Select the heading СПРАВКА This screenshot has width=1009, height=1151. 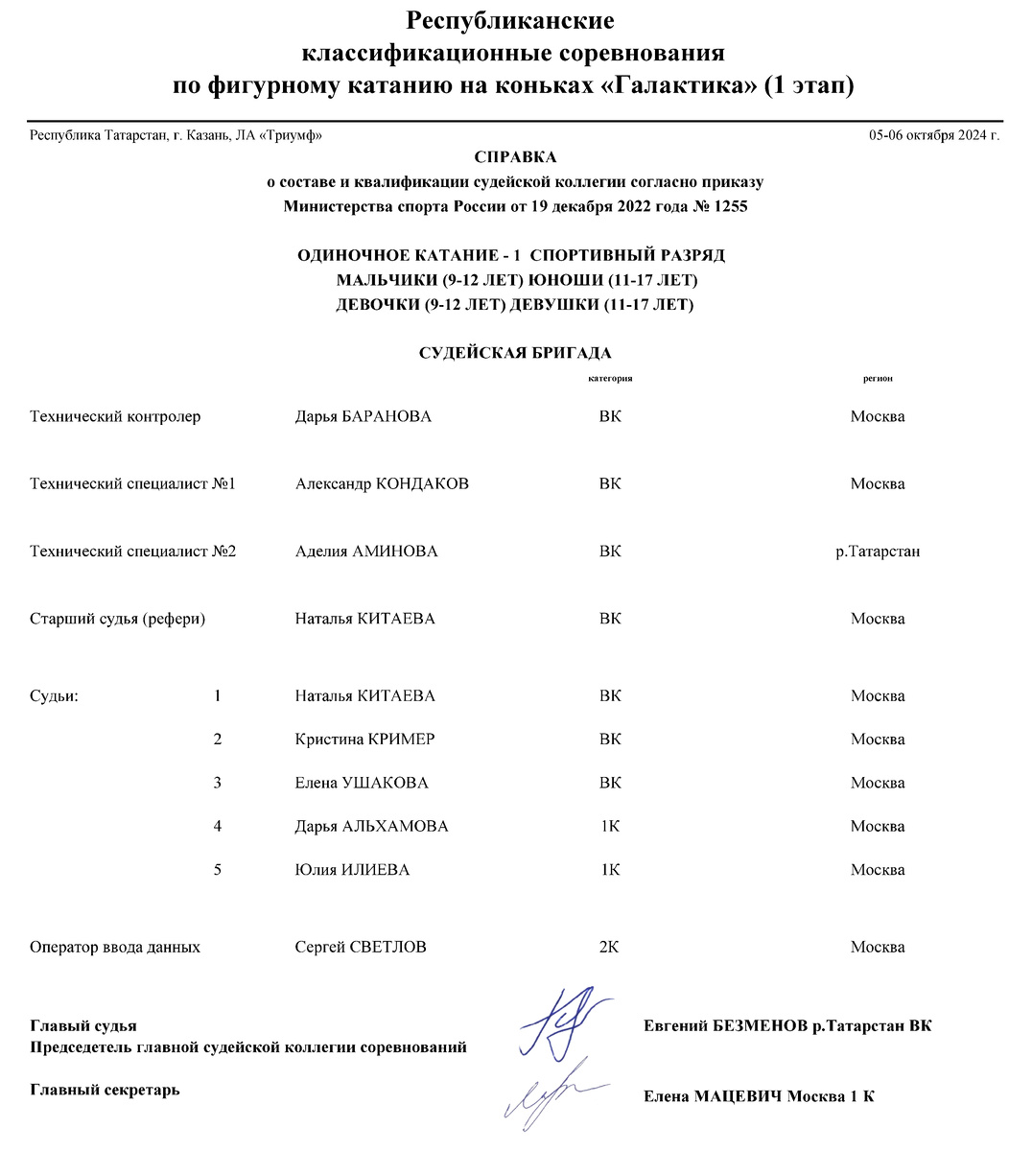pos(515,157)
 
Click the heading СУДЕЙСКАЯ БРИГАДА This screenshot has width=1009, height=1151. pos(515,353)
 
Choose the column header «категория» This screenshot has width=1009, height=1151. pos(610,379)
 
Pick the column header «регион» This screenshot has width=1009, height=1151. pos(878,379)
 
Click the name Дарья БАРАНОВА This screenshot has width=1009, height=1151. pos(363,416)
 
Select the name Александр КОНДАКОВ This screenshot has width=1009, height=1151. pos(382,483)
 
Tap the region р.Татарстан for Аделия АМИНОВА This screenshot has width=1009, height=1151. pos(878,552)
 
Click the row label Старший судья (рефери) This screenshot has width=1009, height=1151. pos(118,619)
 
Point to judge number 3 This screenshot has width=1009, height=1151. pos(218,783)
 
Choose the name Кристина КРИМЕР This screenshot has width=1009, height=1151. pos(364,740)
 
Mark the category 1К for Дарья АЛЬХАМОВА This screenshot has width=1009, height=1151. pos(610,826)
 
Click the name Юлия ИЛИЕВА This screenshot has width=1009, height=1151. pos(352,870)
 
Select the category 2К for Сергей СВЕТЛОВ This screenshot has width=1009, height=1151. pos(609,947)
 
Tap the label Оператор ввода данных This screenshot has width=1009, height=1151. pos(115,947)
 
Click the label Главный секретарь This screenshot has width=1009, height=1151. pos(106,1090)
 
